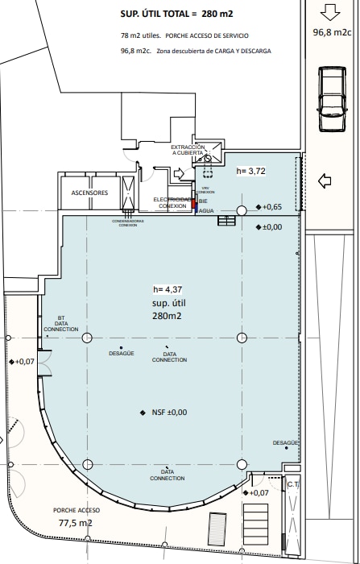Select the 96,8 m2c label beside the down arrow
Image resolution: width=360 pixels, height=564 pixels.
point(332,32)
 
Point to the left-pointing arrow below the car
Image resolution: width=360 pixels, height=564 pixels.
point(326,180)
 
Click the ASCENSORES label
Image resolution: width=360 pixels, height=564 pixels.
point(89,193)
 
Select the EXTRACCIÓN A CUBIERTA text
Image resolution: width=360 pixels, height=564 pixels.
point(188,151)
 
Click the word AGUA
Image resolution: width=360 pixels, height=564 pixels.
point(206,210)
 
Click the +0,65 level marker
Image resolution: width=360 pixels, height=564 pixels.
point(270,207)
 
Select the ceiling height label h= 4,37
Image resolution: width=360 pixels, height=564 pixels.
point(168,289)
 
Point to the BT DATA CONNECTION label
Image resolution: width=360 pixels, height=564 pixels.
point(61,324)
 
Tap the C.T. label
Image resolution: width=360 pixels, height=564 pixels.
point(293,485)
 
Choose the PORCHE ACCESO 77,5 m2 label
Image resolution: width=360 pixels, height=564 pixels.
point(77,516)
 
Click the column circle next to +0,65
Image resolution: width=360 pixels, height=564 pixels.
point(241,211)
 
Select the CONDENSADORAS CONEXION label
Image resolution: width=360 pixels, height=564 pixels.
point(128,223)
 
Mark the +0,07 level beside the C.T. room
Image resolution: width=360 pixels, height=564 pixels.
point(259,493)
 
